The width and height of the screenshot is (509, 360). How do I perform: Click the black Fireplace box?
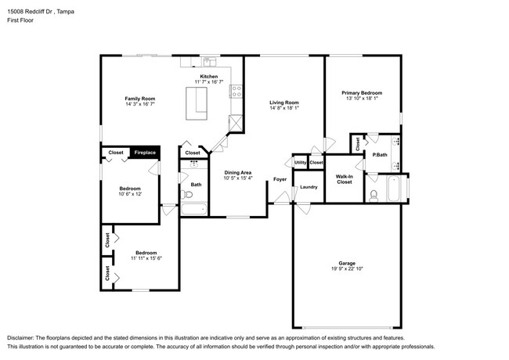pyautogui.click(x=145, y=153)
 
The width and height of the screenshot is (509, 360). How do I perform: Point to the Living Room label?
pyautogui.click(x=284, y=103)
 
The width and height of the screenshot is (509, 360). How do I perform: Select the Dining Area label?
pyautogui.click(x=237, y=172)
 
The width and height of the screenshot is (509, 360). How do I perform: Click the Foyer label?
pyautogui.click(x=280, y=179)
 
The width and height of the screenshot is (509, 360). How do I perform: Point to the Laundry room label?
pyautogui.click(x=309, y=187)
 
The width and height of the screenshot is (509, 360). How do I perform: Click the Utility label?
pyautogui.click(x=300, y=162)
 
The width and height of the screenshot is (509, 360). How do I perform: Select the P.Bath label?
pyautogui.click(x=380, y=155)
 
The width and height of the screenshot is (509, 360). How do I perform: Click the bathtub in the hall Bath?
pyautogui.click(x=193, y=209)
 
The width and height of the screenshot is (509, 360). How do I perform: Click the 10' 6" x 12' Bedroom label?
pyautogui.click(x=130, y=189)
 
